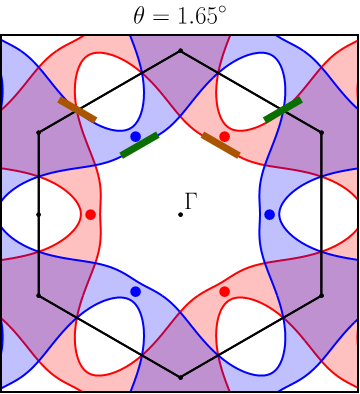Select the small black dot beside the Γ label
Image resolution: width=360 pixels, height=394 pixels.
[180, 214]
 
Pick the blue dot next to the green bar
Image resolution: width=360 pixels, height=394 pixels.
[135, 136]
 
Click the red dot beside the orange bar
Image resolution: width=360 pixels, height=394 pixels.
[224, 136]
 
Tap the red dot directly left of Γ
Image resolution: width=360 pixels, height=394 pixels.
[90, 214]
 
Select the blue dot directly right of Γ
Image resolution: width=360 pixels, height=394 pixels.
[269, 214]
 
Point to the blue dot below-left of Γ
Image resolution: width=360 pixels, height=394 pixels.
[135, 291]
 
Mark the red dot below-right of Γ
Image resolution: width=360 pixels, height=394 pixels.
[224, 291]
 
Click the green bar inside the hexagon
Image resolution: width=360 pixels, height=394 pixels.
[139, 145]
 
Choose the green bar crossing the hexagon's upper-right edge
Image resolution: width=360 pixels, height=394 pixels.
[283, 110]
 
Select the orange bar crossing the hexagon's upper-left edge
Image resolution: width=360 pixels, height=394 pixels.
[77, 110]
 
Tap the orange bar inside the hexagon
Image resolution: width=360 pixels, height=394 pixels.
[221, 145]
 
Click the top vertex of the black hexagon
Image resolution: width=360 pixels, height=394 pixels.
[180, 50]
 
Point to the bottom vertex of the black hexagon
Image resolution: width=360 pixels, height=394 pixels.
[180, 377]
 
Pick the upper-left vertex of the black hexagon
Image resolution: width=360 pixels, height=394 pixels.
[38, 132]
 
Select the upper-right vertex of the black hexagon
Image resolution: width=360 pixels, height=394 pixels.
[322, 132]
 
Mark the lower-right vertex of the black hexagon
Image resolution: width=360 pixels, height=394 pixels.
[322, 296]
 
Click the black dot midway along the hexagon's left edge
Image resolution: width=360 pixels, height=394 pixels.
[38, 214]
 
